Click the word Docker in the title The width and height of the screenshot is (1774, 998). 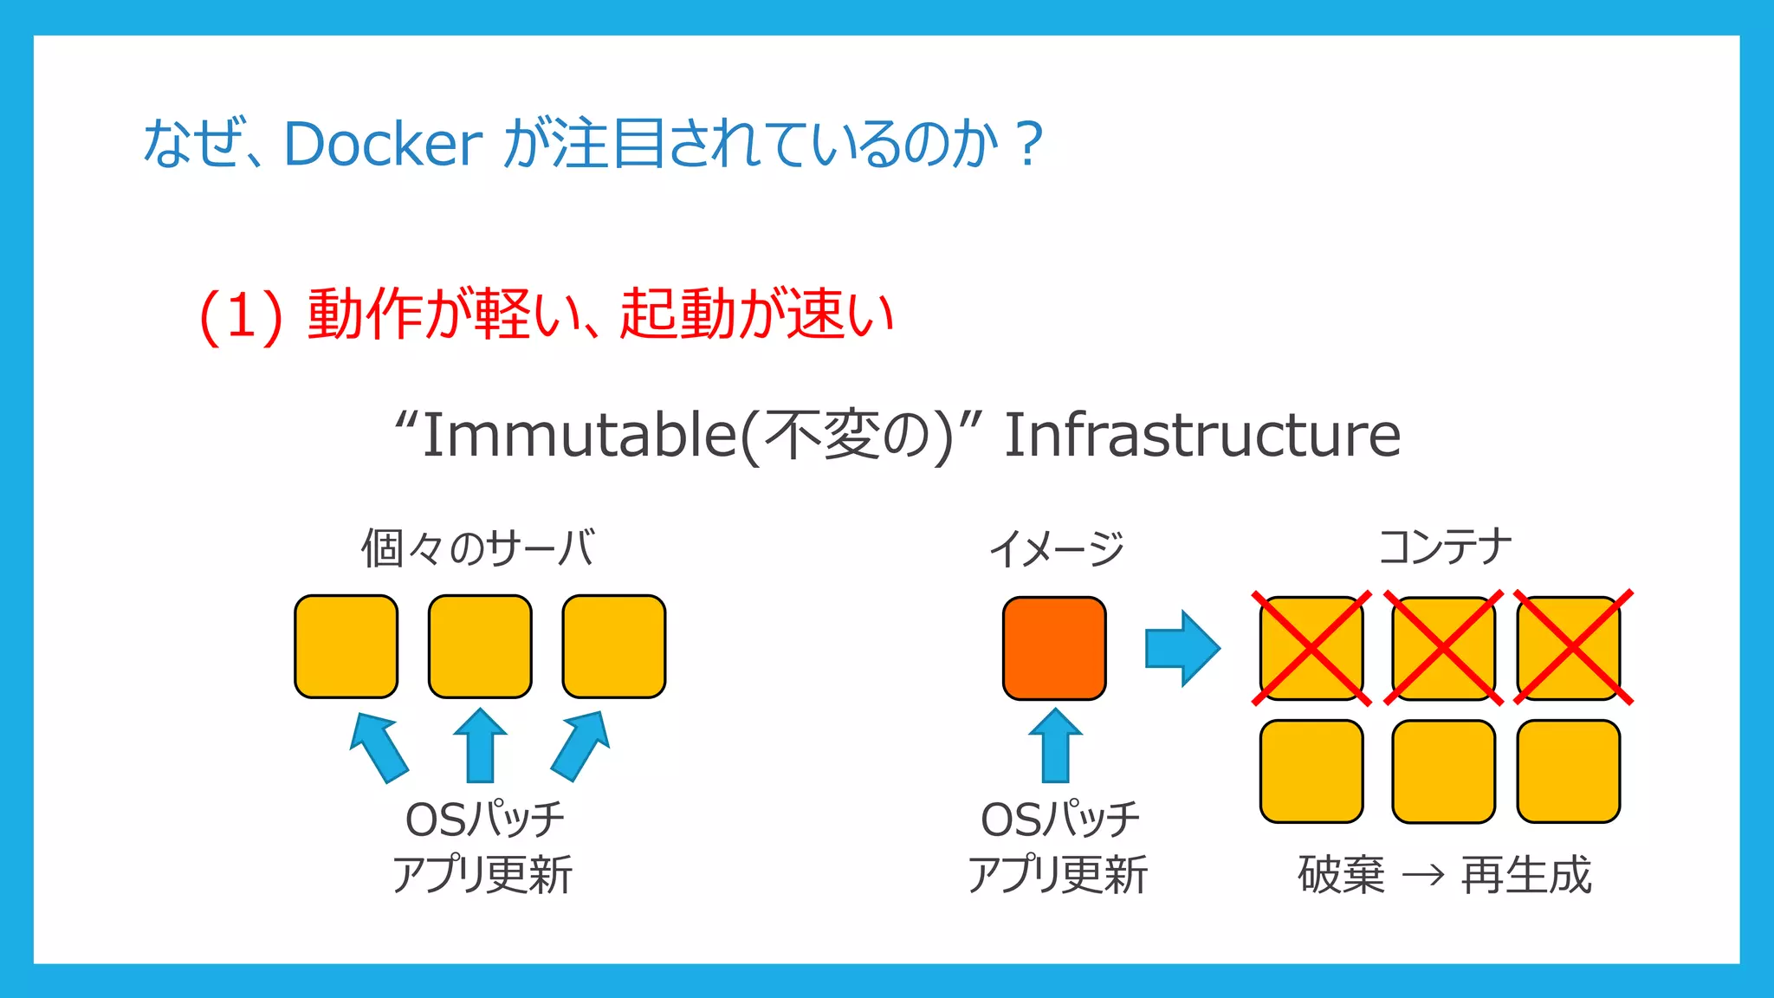pos(382,144)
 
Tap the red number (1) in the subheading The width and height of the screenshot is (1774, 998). pos(241,315)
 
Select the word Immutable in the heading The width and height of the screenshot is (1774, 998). pos(579,435)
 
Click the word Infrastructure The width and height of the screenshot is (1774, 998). pos(1201,435)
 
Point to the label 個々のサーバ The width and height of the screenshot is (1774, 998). pos(478,549)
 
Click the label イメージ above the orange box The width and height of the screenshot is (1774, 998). pos(1056,549)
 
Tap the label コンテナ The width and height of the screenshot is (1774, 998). pos(1444,548)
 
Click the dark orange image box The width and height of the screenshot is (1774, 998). pos(1054,648)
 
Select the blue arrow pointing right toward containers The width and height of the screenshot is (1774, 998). pos(1182,648)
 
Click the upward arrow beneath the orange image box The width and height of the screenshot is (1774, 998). pos(1055,746)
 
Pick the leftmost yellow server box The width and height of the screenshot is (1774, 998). pos(346,646)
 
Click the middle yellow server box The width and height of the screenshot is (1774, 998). pos(480,646)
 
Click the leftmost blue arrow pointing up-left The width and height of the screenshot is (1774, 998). pos(378,746)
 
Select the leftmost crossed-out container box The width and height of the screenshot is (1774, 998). pos(1311,648)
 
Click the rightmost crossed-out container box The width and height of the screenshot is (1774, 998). pos(1569,648)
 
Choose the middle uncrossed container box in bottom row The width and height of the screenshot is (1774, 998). pos(1443,771)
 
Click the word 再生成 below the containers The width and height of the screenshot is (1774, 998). pos(1526,875)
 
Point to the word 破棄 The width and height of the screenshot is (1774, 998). pos(1342,875)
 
